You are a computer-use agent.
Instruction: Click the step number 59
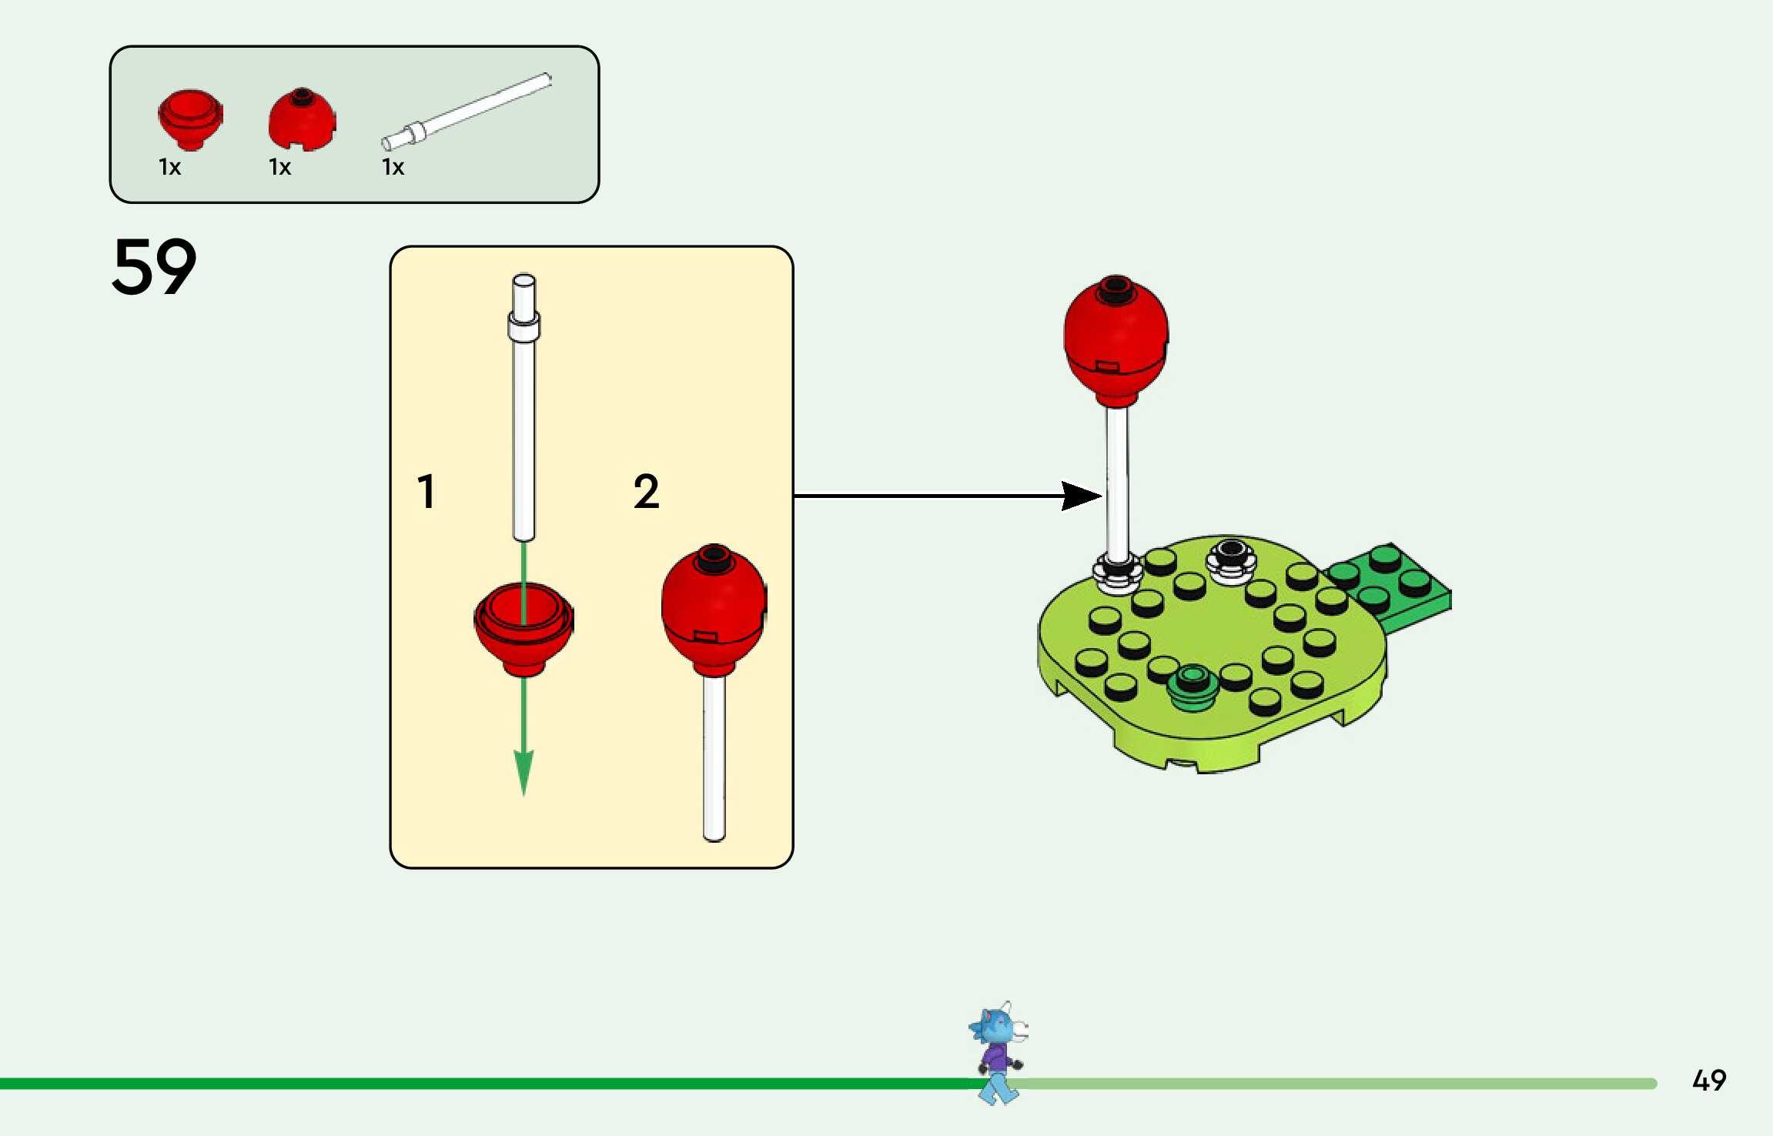click(x=154, y=266)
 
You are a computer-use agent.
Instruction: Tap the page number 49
click(x=1709, y=1081)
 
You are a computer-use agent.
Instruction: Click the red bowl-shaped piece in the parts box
click(x=190, y=119)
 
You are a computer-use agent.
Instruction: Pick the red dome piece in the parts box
click(x=302, y=119)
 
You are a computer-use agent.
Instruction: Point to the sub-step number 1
click(x=427, y=491)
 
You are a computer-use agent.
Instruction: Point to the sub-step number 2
click(x=647, y=491)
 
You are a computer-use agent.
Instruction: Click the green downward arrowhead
click(x=524, y=773)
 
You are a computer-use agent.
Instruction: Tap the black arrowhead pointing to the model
click(x=1082, y=496)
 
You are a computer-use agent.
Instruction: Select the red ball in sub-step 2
click(x=714, y=610)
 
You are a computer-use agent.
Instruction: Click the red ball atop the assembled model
click(x=1116, y=341)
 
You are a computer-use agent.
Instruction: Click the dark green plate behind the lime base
click(x=1390, y=586)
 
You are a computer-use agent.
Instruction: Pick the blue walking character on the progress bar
click(x=999, y=1053)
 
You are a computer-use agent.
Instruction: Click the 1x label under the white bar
click(x=393, y=167)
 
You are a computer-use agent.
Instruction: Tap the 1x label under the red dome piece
click(x=279, y=167)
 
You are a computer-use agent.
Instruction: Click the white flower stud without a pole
click(x=1231, y=561)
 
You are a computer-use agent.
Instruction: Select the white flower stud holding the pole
click(x=1118, y=573)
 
